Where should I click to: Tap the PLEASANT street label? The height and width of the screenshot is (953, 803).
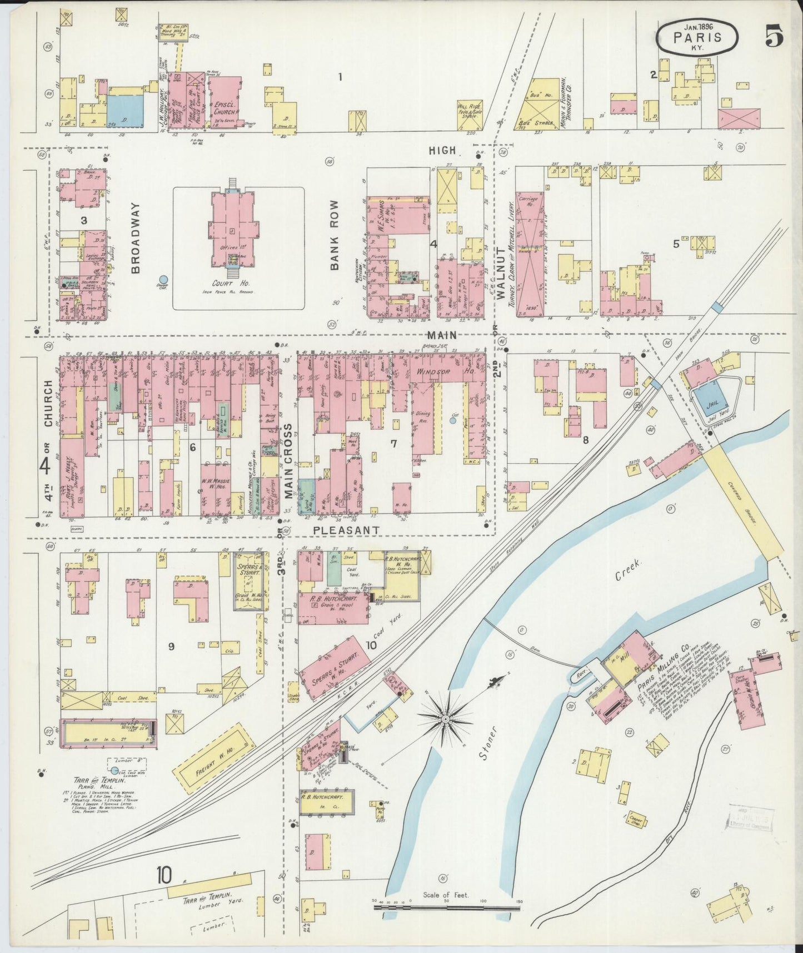346,530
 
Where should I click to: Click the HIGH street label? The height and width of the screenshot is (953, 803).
442,150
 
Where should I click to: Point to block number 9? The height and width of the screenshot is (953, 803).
171,646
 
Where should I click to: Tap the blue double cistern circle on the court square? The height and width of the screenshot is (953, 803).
163,280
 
